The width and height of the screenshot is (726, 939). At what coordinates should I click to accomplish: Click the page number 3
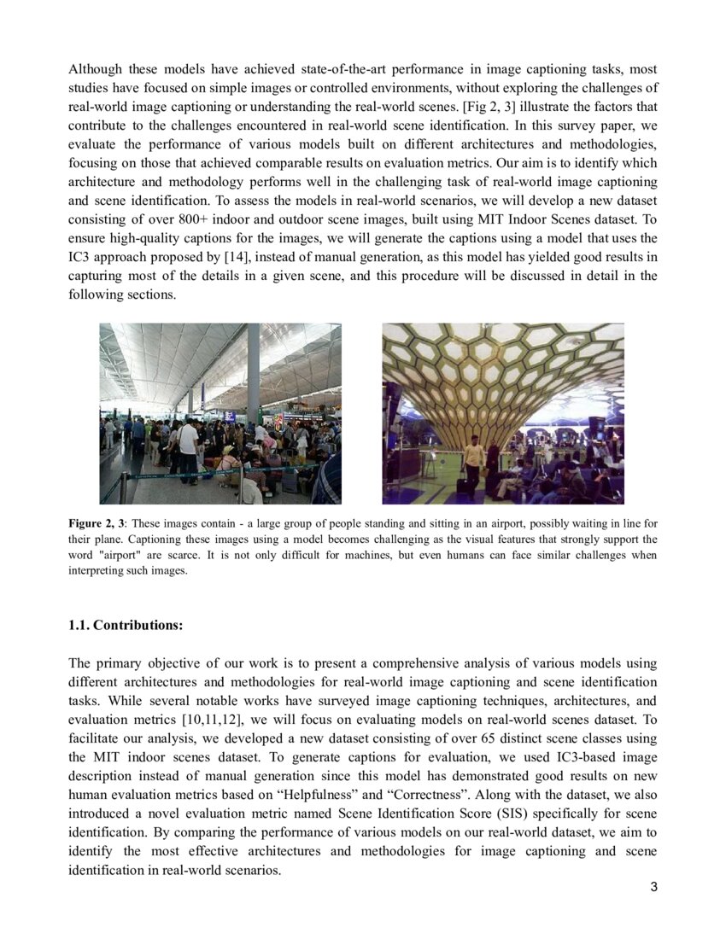(x=653, y=887)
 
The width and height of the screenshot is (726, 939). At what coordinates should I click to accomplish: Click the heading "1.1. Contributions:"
(x=126, y=625)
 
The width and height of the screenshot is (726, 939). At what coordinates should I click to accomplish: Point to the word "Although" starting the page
(x=96, y=68)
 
